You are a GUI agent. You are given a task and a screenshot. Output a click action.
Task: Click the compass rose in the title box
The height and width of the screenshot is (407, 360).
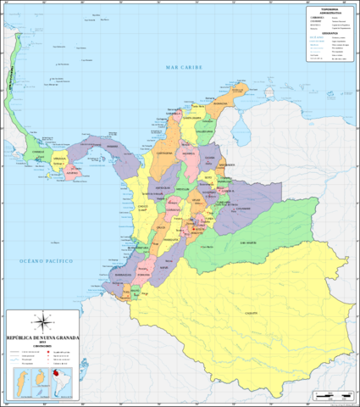coord(42,322)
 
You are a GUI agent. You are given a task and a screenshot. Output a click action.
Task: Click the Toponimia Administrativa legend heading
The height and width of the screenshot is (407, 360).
coord(330,11)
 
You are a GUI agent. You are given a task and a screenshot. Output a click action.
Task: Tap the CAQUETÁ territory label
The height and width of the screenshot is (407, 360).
coord(251,313)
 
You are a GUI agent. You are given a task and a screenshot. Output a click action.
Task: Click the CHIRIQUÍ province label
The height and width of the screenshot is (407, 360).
coord(36,153)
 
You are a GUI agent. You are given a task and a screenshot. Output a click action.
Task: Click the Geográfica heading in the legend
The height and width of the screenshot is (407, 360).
coord(330,34)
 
